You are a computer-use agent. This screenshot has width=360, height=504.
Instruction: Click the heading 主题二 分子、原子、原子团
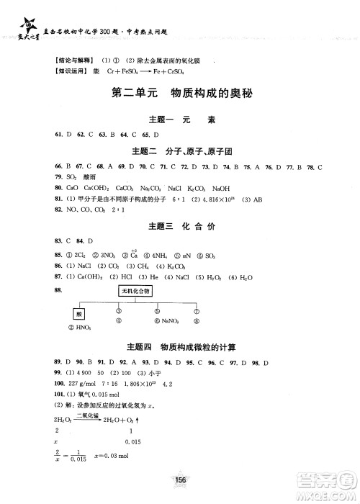(x=179, y=150)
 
